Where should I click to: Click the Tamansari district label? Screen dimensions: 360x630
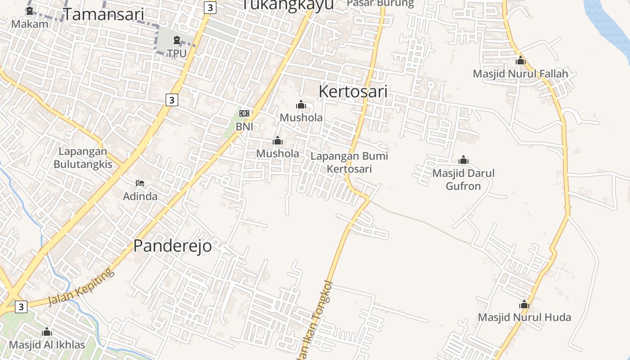[103, 14]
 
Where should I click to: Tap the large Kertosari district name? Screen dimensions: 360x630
[353, 91]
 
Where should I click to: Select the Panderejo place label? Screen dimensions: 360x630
[172, 246]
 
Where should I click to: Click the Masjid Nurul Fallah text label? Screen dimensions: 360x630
[520, 74]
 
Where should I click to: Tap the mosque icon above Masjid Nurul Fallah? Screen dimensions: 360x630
[521, 60]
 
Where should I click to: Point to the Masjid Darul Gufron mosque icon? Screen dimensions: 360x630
[463, 160]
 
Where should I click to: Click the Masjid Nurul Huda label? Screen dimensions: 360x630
[524, 317]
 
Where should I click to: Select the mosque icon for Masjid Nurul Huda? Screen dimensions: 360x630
[524, 305]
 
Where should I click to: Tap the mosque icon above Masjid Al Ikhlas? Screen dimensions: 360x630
[47, 332]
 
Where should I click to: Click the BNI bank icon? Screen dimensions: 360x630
[244, 113]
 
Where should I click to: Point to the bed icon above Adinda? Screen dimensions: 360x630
[140, 183]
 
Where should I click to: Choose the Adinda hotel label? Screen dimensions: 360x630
[140, 196]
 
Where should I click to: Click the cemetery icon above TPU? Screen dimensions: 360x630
[176, 40]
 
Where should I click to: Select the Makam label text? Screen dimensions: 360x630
[30, 24]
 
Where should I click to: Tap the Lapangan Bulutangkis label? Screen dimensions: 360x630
[83, 158]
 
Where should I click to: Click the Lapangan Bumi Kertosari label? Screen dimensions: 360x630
[349, 162]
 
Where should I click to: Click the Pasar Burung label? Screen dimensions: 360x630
[381, 4]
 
